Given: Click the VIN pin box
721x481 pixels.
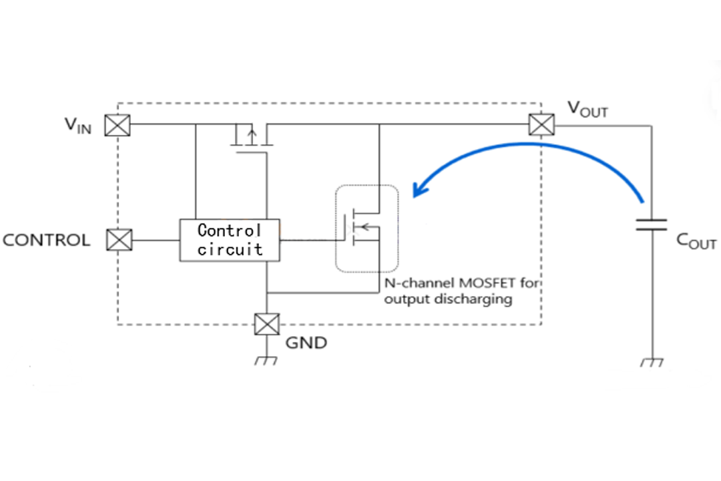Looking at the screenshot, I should click(x=118, y=125).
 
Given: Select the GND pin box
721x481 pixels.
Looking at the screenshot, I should click(x=266, y=325).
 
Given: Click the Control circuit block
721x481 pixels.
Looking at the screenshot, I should click(x=230, y=240).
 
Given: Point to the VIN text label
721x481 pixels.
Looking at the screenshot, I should click(x=78, y=125).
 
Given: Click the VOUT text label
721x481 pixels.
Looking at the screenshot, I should click(x=587, y=109).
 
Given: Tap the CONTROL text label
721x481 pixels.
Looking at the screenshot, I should click(x=47, y=240).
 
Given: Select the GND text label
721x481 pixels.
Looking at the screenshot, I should click(x=306, y=343).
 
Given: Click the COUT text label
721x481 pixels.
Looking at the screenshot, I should click(x=696, y=242).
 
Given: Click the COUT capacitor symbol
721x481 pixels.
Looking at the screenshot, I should click(x=651, y=224).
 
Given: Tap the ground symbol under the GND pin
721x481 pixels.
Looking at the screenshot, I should click(x=266, y=361).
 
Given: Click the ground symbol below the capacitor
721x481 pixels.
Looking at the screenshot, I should click(x=651, y=362).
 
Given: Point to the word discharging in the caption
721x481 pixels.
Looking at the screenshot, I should click(x=475, y=299).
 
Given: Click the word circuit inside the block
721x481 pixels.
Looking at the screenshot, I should click(x=230, y=250).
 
